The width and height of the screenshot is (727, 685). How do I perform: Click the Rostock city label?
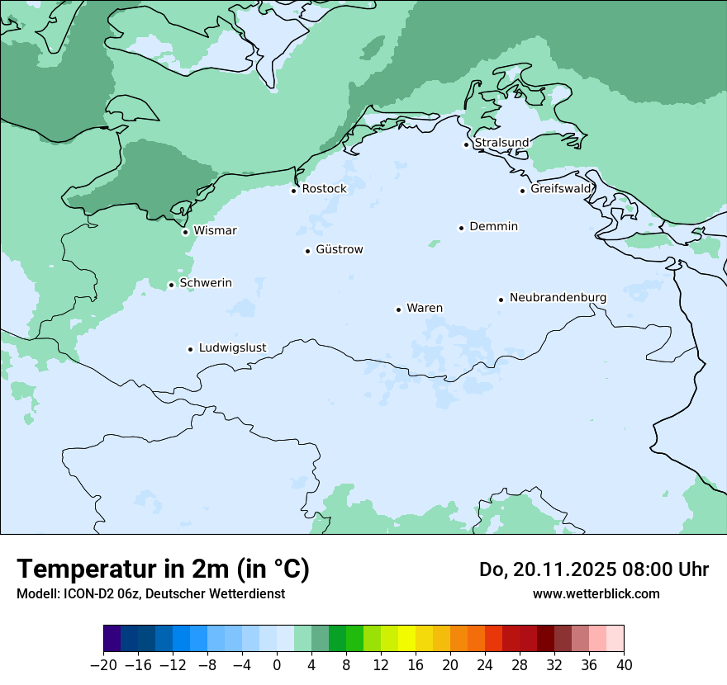(324, 189)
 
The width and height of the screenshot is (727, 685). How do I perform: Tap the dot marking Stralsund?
(466, 144)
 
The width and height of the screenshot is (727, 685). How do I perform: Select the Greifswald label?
(561, 189)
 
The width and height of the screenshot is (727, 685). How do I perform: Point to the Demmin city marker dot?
(461, 228)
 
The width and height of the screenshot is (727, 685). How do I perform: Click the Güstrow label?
(339, 249)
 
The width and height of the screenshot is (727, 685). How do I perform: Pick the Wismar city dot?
(185, 232)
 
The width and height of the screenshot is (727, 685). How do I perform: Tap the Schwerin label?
(206, 283)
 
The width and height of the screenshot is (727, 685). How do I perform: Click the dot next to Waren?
(398, 309)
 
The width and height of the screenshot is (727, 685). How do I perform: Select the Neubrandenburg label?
(558, 297)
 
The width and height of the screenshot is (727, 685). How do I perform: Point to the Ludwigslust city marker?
(190, 349)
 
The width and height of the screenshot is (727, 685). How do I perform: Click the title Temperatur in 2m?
(163, 569)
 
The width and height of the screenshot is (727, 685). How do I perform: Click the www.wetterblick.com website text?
(596, 593)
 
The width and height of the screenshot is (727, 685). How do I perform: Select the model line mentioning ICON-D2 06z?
(150, 593)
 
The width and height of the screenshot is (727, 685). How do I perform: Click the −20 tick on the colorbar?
(103, 664)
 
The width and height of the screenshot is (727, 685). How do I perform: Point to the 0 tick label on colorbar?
(277, 664)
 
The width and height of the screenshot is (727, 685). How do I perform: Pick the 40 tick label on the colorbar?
(624, 664)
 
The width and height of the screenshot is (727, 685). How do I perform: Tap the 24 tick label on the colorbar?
(485, 664)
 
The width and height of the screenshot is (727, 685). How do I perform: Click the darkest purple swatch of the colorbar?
(112, 639)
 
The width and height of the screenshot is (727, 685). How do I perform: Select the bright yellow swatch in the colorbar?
(406, 639)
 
